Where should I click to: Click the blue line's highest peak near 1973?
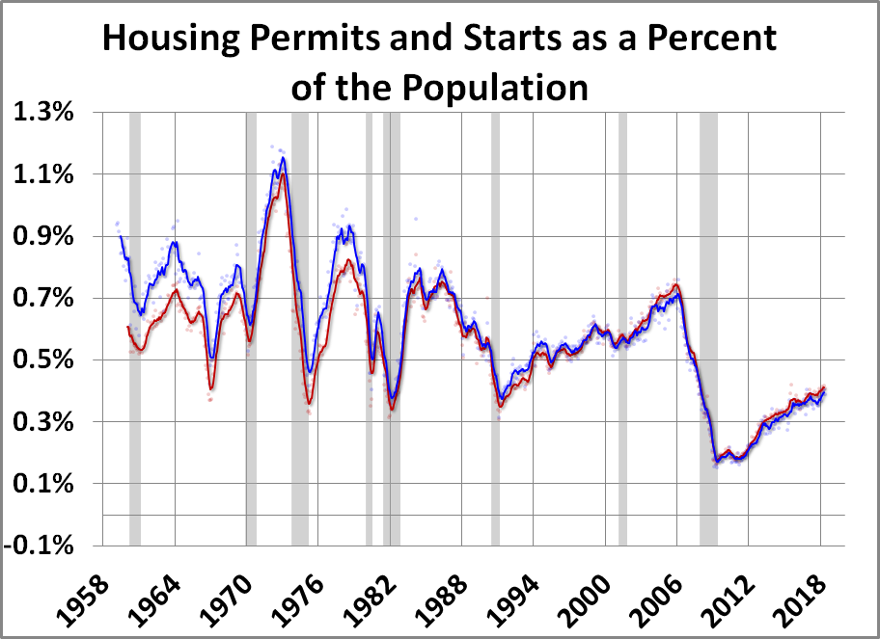[283, 158]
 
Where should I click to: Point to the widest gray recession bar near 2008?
[708, 328]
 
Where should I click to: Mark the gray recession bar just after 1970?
[251, 328]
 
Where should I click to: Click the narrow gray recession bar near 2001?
[622, 328]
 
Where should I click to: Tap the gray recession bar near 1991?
[495, 328]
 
